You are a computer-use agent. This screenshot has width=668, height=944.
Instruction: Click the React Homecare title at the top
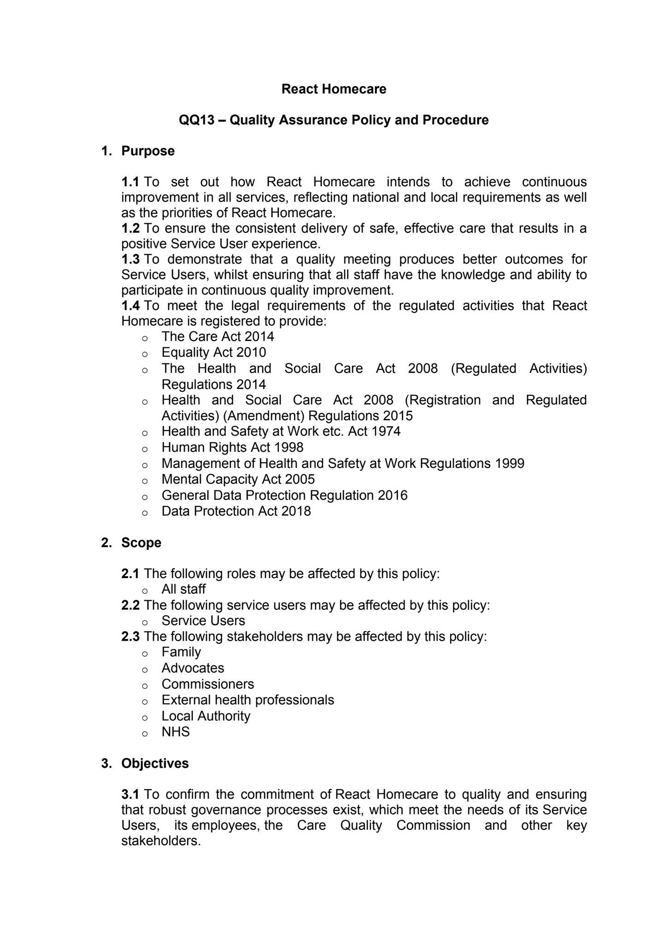334,89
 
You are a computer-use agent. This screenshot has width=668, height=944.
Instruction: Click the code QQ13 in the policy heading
196,120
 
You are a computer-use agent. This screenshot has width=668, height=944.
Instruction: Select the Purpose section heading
148,151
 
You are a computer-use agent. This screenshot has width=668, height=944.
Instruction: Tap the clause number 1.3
130,260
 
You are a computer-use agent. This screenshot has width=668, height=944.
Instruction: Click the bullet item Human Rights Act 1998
232,448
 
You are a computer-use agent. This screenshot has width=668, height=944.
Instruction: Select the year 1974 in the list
386,431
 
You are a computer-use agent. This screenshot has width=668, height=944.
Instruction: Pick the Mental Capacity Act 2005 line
238,479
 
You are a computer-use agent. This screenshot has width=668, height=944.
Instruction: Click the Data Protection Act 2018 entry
236,511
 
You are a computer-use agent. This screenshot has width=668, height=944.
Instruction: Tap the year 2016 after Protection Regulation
393,496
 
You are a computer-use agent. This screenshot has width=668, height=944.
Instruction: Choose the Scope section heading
141,543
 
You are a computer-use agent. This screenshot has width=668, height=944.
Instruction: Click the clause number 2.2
130,605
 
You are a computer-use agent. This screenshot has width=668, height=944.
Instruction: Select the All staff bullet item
183,590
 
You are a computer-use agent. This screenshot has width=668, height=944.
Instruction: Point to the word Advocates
193,668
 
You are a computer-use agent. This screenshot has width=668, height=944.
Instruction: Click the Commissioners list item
207,684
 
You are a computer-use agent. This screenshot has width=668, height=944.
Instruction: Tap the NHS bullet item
176,732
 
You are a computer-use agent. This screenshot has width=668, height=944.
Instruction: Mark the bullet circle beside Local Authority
145,718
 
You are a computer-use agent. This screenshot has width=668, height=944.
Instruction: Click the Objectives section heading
155,763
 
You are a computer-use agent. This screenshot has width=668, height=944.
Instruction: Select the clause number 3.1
130,795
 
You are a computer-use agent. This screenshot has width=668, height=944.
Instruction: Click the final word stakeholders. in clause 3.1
161,841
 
